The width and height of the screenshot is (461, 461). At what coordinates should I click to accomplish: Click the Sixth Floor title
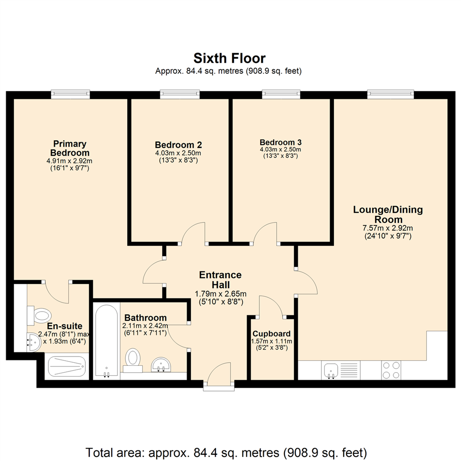pos(230,58)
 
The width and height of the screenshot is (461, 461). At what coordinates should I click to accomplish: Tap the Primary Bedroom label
pos(70,148)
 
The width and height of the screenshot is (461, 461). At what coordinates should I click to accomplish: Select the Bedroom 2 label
pos(178,145)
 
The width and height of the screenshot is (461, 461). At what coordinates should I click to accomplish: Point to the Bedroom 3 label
pos(280,142)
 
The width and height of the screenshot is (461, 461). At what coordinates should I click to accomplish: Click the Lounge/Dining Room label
pos(387,214)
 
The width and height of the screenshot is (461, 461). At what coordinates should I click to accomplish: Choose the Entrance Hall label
pos(221,280)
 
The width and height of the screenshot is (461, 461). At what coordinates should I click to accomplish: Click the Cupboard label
pos(271,334)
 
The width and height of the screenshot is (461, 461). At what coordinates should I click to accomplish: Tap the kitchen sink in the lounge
pos(331,370)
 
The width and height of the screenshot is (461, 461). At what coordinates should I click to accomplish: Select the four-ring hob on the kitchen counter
pos(391,370)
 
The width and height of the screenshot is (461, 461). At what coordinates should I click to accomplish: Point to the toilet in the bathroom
pos(133,359)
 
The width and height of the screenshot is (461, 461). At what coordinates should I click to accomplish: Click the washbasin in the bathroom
pos(161,365)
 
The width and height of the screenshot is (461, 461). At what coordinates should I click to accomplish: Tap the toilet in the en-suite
pos(40,316)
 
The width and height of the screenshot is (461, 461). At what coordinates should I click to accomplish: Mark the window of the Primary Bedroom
pos(70,94)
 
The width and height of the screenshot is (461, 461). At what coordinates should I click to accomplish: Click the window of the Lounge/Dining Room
pos(391,94)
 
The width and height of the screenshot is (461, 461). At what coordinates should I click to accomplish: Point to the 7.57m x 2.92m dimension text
pos(387,228)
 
